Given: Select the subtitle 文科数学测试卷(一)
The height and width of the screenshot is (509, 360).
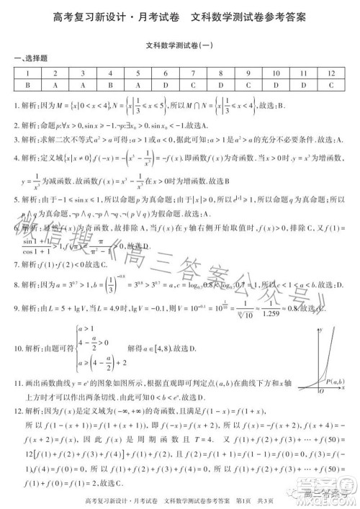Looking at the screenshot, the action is click(180, 44).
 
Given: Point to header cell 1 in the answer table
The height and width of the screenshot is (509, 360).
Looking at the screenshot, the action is click(27, 73).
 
